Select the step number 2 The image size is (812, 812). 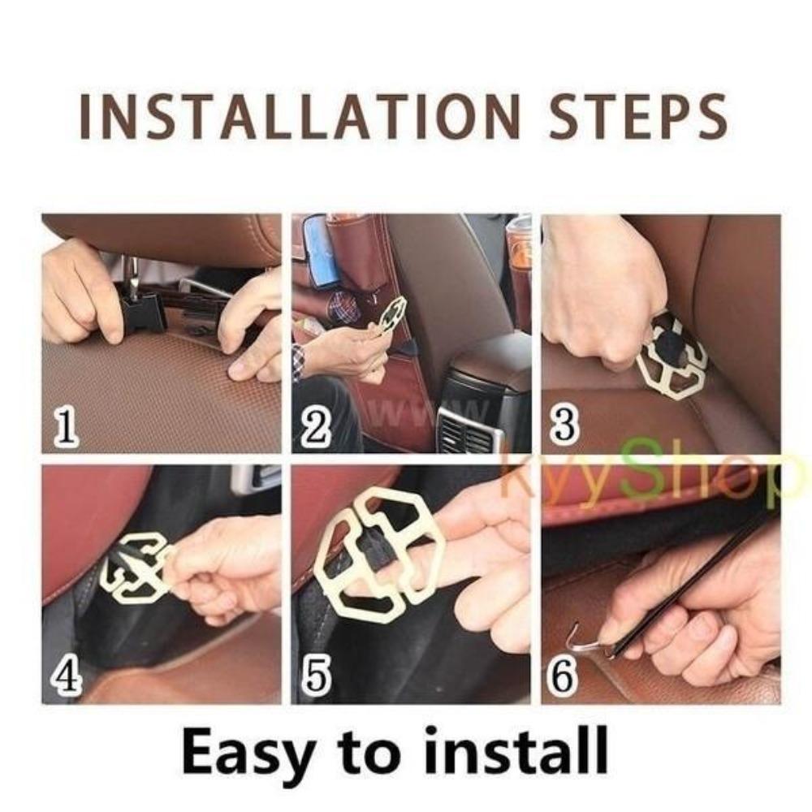click(x=315, y=428)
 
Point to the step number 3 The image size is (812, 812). click(x=564, y=426)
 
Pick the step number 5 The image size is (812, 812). click(x=315, y=676)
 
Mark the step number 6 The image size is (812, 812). click(x=564, y=676)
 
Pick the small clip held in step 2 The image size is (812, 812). click(x=391, y=314)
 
